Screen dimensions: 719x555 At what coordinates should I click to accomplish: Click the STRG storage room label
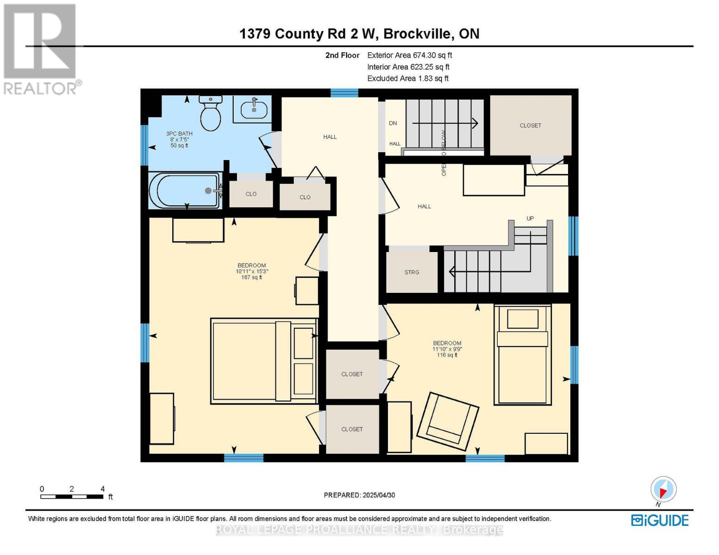tap(412, 272)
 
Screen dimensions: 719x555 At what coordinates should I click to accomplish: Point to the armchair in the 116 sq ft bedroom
tap(448, 421)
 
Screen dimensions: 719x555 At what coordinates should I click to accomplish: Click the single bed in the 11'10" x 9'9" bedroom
tap(523, 355)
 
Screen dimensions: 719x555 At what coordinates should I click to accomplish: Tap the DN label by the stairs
tap(393, 123)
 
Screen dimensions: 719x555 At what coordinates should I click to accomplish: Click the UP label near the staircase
tap(530, 218)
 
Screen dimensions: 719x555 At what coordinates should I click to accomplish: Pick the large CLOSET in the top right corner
tap(530, 125)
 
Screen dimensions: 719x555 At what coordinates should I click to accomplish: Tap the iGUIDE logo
tap(660, 520)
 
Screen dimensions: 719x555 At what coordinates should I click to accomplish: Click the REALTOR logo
tap(40, 49)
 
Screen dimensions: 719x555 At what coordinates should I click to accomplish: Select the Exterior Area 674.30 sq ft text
tap(409, 55)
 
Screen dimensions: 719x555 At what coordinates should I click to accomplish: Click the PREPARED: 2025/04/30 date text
tap(359, 495)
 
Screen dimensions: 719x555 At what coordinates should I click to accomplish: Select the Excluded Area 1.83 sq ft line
tap(407, 79)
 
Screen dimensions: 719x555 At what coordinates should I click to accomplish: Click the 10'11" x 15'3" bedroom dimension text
tap(252, 271)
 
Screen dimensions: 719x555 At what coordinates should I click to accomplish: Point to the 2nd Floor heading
tap(342, 55)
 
